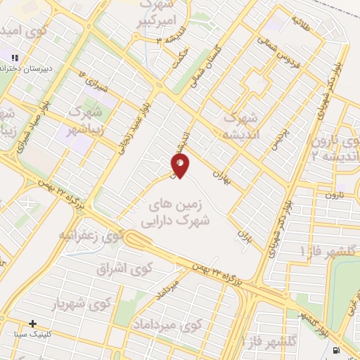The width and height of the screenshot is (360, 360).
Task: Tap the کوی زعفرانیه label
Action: pos(91,235)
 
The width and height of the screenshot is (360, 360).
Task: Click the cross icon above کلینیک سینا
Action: pos(32,323)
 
